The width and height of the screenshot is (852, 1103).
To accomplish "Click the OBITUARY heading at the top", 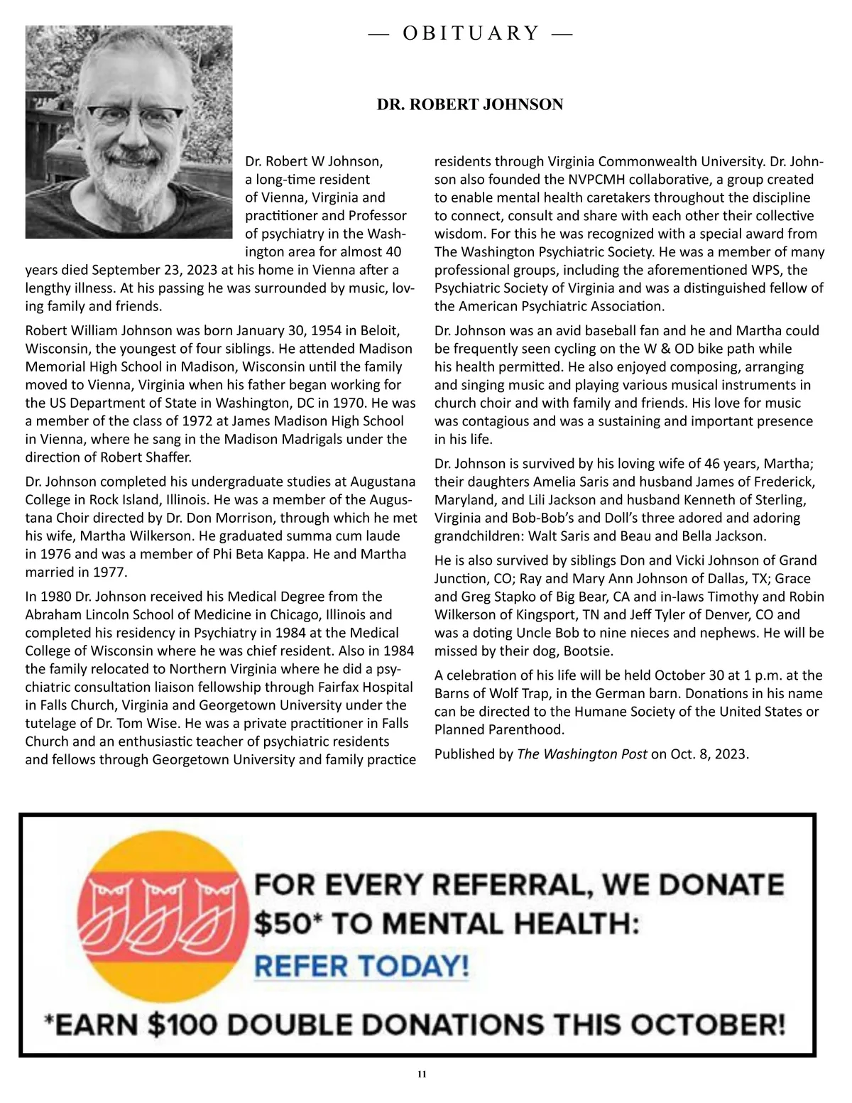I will tap(471, 33).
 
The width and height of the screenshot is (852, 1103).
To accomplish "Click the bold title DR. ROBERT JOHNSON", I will tap(470, 104).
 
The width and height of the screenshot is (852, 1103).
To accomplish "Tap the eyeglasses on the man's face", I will tap(134, 114).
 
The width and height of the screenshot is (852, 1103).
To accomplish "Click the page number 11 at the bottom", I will tap(422, 1074).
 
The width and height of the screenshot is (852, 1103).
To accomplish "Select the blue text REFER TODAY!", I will tap(361, 966).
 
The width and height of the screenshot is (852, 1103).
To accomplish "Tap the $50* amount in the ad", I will tap(283, 924).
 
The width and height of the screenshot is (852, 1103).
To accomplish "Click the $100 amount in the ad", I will tap(184, 1025).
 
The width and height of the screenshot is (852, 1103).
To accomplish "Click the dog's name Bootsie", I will tap(587, 651).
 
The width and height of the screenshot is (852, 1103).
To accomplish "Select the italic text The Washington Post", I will tap(581, 754).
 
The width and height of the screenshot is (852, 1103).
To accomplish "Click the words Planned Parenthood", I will tap(499, 729).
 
